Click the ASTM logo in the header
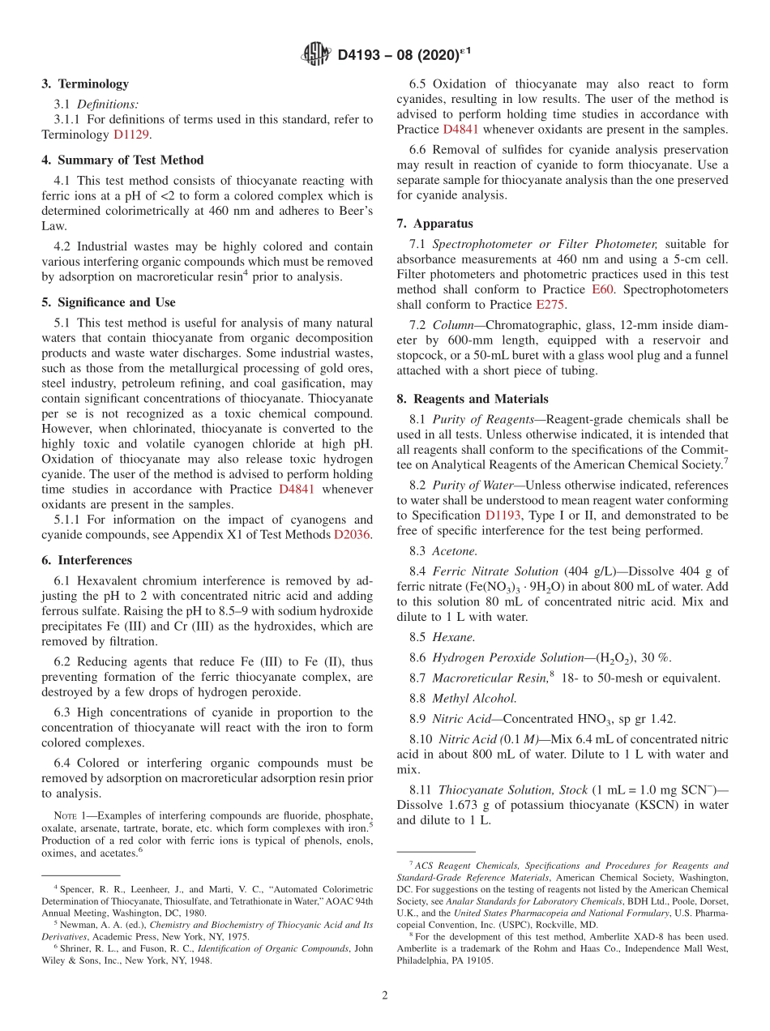(315, 54)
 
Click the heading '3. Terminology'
(85, 83)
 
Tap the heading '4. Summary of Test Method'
(122, 160)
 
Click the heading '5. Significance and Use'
(108, 302)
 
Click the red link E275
(550, 305)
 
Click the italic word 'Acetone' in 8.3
(454, 551)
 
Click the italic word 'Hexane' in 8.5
(453, 637)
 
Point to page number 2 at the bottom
(385, 995)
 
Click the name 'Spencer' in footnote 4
(75, 889)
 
